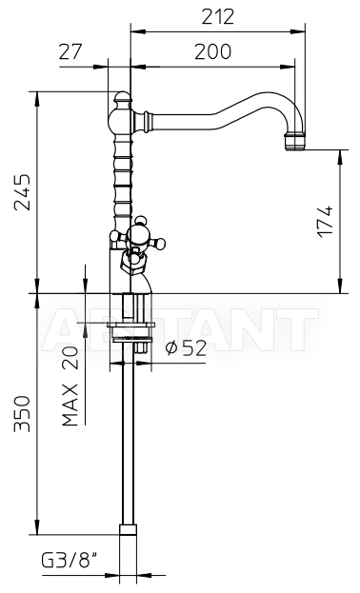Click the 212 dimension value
pos(218,16)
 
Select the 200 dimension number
pos(212,51)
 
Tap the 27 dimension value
pos(70,51)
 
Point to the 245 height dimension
pos(22,192)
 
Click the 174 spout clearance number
pos(326,222)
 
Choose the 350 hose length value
pos(22,413)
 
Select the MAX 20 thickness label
pos(70,386)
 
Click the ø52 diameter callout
pos(187,348)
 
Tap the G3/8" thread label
pos(69,560)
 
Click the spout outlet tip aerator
pos(295,142)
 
